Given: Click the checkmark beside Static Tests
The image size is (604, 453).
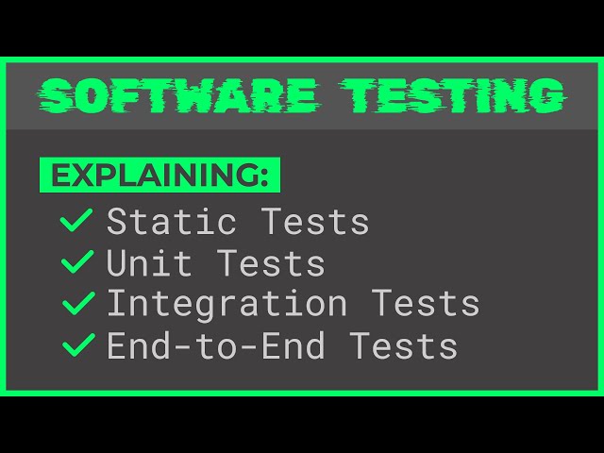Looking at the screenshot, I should point(76,221).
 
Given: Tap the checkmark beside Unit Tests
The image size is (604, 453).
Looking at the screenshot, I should point(76,262).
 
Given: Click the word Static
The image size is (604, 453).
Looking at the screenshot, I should point(171,222).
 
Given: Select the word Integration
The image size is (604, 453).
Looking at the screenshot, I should point(226,305).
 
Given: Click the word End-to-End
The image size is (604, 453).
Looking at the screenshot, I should point(215,346).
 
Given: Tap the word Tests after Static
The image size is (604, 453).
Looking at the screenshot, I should point(314,222).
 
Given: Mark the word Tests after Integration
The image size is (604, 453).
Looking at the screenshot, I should point(425,305).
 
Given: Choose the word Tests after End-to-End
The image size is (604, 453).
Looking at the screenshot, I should point(403,346).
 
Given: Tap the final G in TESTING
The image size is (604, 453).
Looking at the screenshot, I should point(545,96).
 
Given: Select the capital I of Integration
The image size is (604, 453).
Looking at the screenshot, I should point(116,305).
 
